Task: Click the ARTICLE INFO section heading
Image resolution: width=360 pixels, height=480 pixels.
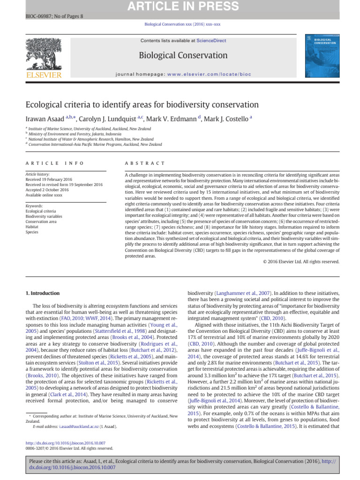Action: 54,163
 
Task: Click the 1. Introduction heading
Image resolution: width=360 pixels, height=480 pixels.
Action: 42,293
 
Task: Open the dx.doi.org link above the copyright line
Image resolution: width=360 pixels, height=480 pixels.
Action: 65,443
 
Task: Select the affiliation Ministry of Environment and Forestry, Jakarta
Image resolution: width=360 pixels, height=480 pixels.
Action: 74,134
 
